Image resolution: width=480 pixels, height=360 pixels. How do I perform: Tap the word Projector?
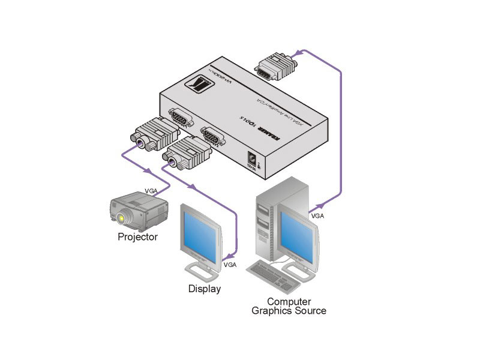point(137,237)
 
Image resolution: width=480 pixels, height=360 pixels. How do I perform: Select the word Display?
point(205,289)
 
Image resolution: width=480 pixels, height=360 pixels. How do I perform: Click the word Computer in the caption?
point(289,302)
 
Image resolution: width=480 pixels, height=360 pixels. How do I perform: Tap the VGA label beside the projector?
point(152,192)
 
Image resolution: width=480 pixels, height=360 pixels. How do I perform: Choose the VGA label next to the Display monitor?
point(229,264)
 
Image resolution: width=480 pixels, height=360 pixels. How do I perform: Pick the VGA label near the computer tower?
point(317,214)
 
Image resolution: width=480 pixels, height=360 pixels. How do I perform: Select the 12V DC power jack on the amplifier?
point(254,160)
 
